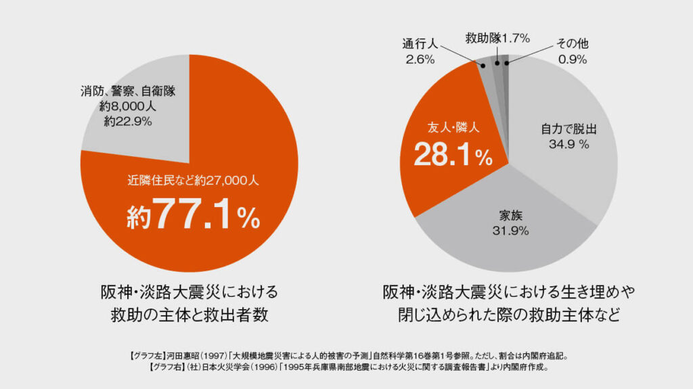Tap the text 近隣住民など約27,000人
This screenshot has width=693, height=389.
[x=189, y=181]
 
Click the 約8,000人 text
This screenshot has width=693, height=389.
[x=127, y=106]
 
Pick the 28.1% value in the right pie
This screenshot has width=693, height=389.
[x=453, y=156]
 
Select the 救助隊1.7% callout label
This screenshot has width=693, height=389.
[x=497, y=39]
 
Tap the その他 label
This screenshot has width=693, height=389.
[x=573, y=44]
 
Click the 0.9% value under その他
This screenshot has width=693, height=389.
[x=573, y=60]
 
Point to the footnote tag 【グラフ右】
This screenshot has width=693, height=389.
[x=166, y=368]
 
